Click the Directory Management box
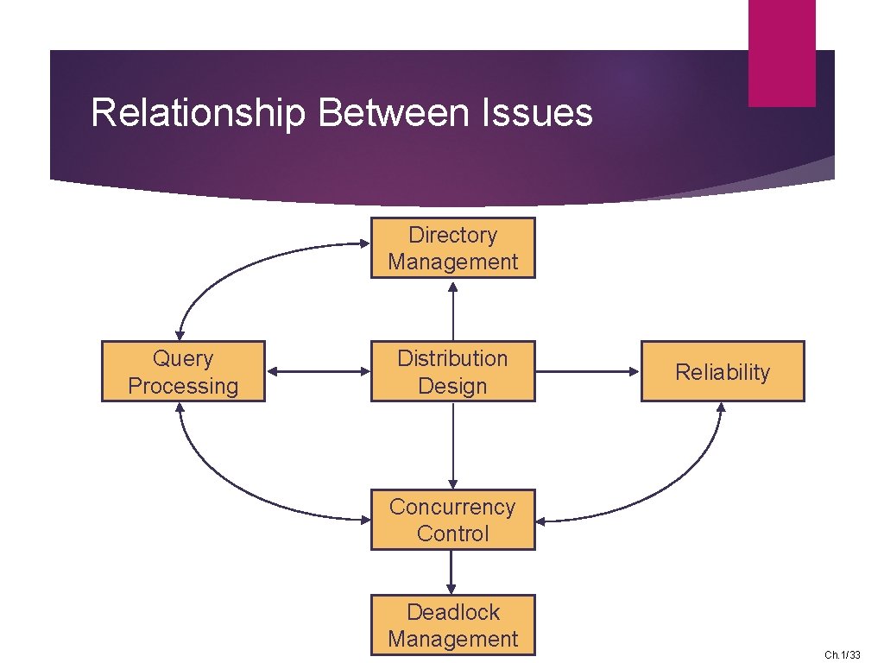coord(452,248)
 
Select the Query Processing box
coord(183,371)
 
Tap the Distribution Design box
coord(452,371)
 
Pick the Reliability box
coord(722,371)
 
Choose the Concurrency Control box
coord(452,520)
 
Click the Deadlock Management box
coord(452,625)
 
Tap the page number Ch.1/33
coord(842,655)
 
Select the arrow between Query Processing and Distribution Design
coord(318,372)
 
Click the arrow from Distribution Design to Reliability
coord(587,372)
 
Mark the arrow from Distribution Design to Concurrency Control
coord(452,445)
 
